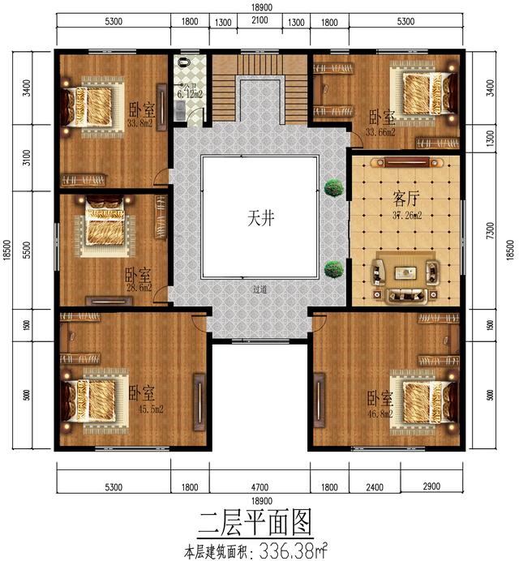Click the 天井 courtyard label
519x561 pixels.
tap(259, 218)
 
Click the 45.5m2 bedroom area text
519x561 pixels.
tap(150, 409)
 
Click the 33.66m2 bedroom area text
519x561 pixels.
tap(380, 132)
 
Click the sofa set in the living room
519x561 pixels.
tap(404, 276)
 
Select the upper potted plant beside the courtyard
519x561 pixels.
tap(331, 188)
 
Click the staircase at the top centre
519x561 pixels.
tap(259, 89)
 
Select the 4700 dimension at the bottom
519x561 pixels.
tap(259, 487)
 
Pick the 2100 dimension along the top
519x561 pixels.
tap(259, 22)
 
